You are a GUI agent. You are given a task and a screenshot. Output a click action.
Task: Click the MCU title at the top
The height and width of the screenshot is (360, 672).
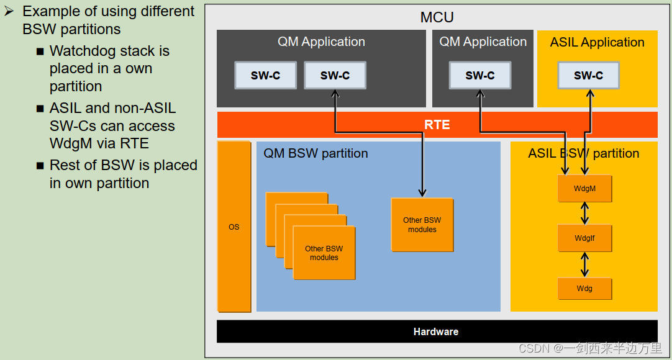click(x=437, y=17)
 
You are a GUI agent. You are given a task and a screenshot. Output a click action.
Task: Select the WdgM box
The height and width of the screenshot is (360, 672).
click(x=584, y=188)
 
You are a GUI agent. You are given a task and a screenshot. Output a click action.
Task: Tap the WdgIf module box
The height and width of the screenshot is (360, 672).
click(x=584, y=238)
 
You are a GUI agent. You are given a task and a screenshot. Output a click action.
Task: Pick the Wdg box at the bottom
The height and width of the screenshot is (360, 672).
click(x=584, y=289)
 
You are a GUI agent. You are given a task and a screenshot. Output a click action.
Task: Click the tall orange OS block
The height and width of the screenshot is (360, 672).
click(x=234, y=227)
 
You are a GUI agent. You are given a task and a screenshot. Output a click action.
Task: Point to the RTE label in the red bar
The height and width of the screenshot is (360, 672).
click(x=437, y=125)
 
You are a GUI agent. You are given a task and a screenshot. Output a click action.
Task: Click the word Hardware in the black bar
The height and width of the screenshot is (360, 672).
click(x=436, y=331)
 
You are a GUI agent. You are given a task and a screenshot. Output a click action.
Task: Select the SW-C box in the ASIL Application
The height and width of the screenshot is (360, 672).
click(x=588, y=75)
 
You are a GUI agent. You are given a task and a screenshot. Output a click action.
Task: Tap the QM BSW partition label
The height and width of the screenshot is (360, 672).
click(x=316, y=153)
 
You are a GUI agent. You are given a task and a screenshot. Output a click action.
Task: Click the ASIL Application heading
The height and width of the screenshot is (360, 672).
click(x=597, y=42)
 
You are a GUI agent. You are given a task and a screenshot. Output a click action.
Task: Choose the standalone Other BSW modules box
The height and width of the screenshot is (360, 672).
click(x=422, y=225)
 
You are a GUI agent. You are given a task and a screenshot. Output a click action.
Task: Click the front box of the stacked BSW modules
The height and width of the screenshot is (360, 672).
click(x=324, y=253)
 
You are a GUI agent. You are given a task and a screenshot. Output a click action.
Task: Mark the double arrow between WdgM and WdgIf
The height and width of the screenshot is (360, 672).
click(x=584, y=213)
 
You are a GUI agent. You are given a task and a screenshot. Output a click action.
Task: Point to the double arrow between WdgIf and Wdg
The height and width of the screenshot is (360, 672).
click(x=584, y=264)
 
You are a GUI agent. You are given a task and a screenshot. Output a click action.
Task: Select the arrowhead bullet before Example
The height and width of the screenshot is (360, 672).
click(x=9, y=11)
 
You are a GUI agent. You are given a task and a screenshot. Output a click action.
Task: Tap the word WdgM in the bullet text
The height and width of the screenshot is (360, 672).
click(x=70, y=143)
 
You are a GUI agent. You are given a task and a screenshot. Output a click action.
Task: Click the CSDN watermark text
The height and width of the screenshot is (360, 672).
click(x=590, y=348)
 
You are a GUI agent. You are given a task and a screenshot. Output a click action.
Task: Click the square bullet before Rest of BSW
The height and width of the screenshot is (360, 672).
click(x=40, y=166)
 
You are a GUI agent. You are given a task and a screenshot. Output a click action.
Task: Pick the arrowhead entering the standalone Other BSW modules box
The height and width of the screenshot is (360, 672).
click(x=422, y=193)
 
